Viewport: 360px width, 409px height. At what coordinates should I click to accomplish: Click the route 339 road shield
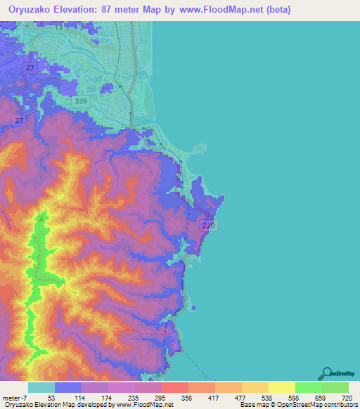(x=81, y=101)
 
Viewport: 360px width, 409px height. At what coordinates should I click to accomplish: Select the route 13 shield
(x=58, y=29)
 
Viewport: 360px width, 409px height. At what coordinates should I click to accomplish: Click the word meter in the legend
(x=9, y=398)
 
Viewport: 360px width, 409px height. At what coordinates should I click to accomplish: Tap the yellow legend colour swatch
(x=281, y=387)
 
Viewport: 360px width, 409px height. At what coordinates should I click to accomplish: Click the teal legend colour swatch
(x=41, y=387)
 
